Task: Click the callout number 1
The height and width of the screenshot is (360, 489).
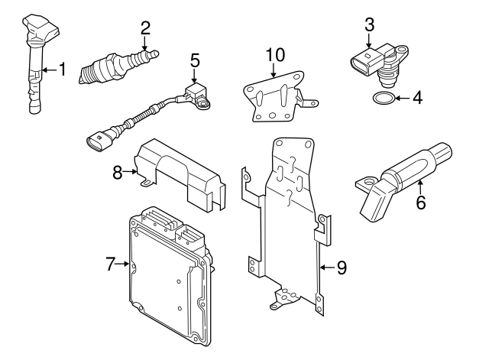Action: coord(63,70)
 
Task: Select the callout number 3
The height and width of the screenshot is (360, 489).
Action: coord(370,24)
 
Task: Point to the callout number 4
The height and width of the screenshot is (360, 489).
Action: coord(417,98)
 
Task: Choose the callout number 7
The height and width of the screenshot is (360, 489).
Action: coord(111,264)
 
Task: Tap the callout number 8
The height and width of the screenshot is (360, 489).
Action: coord(118,173)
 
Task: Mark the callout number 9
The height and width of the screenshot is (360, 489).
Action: coord(342,267)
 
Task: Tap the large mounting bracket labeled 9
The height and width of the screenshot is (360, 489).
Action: coord(287,222)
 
